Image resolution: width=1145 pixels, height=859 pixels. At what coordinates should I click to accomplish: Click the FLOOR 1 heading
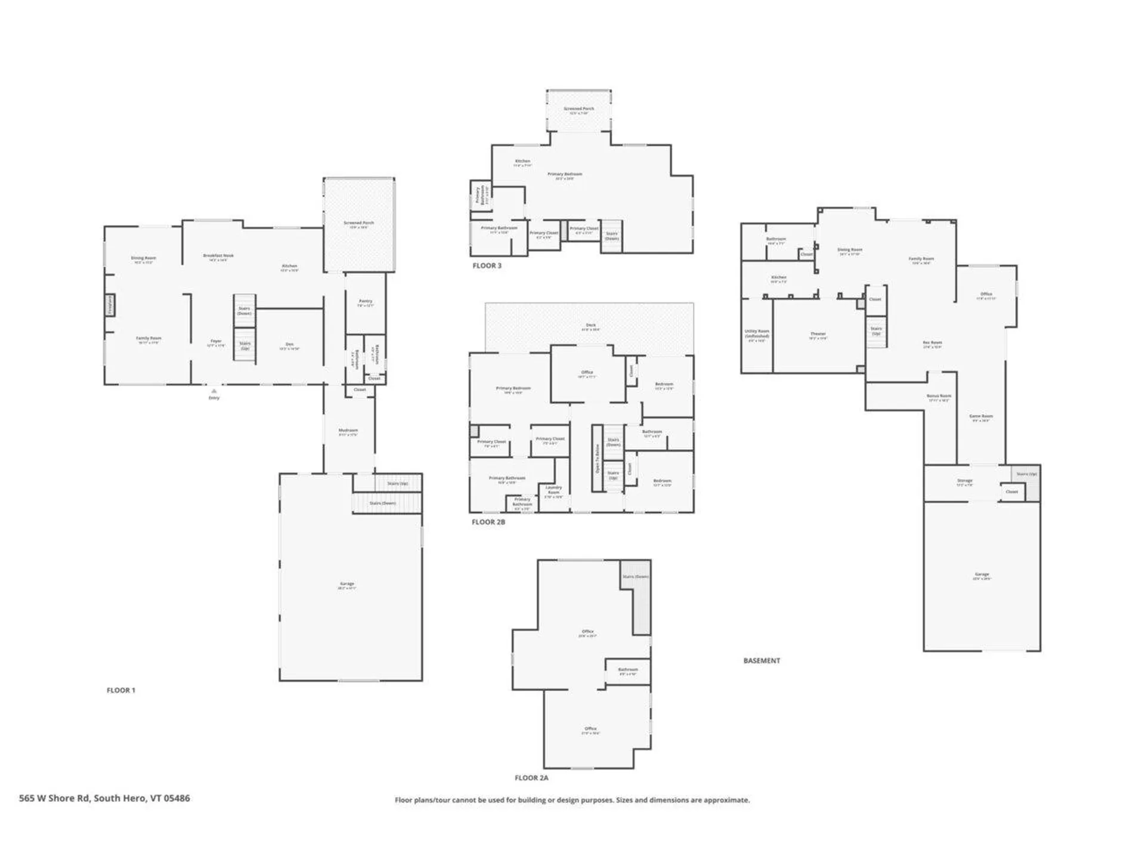coord(121,690)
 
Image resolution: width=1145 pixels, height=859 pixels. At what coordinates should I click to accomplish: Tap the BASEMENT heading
coord(762,660)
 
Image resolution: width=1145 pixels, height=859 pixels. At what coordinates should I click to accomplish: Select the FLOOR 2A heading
coord(531,778)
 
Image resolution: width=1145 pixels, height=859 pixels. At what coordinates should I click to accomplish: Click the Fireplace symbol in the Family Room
coord(110,305)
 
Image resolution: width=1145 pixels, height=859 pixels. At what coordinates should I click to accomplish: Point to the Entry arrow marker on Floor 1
coord(213,391)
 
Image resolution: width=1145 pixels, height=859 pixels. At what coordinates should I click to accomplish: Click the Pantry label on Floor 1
coord(366,301)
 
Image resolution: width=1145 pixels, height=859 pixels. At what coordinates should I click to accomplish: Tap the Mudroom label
coord(348,430)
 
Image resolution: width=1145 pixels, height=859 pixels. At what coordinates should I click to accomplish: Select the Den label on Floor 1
coord(290,344)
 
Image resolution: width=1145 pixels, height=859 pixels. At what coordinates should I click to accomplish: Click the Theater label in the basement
coord(818,334)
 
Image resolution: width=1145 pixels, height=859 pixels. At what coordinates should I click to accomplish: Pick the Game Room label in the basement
coord(981,416)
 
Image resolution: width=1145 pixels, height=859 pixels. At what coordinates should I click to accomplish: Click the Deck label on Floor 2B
coord(590,325)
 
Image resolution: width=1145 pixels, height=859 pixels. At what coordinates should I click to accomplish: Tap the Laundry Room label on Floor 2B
coord(553,490)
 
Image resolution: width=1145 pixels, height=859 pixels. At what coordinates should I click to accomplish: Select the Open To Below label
coord(597,459)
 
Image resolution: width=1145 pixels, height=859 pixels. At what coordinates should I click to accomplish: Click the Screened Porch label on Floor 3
coord(578,109)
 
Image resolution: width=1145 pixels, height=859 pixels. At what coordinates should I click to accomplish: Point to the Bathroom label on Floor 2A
coord(627,669)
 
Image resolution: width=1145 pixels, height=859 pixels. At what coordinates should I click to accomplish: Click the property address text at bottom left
coord(104,798)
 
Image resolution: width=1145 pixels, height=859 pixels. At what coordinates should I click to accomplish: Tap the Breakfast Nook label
coord(218,255)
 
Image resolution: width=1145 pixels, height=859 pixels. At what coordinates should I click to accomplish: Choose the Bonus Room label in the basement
coord(939,395)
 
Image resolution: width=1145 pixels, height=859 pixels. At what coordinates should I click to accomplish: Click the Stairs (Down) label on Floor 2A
coord(635,577)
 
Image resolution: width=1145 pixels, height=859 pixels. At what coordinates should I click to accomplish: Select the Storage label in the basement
coord(964,480)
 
